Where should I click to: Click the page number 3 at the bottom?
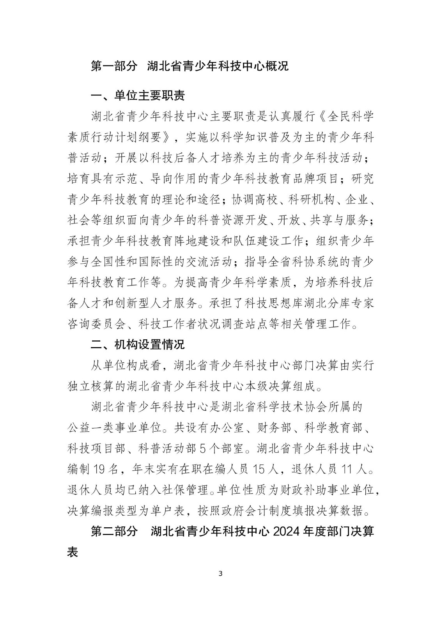[x=221, y=574]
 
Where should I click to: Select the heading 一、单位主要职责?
[x=138, y=96]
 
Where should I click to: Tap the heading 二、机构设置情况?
[x=138, y=344]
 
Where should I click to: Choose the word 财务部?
[x=274, y=428]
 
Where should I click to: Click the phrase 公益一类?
[x=90, y=428]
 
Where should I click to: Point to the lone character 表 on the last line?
[x=73, y=552]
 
